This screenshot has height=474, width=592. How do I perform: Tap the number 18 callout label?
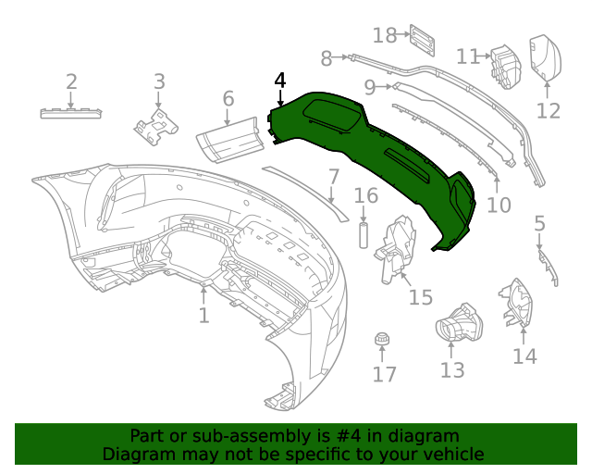[x=384, y=35]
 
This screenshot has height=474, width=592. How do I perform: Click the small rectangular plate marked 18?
[x=423, y=39]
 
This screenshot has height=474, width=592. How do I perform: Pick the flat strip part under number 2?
[x=71, y=112]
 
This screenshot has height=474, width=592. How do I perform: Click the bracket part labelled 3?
[x=157, y=125]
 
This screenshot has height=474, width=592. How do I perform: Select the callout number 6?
[x=228, y=98]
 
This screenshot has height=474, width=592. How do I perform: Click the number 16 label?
[x=366, y=195]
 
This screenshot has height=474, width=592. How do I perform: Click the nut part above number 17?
[x=380, y=340]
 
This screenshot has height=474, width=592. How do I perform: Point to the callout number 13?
[x=452, y=370]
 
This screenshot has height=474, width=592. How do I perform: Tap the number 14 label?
[x=524, y=356]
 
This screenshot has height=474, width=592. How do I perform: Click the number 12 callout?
[x=549, y=111]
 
